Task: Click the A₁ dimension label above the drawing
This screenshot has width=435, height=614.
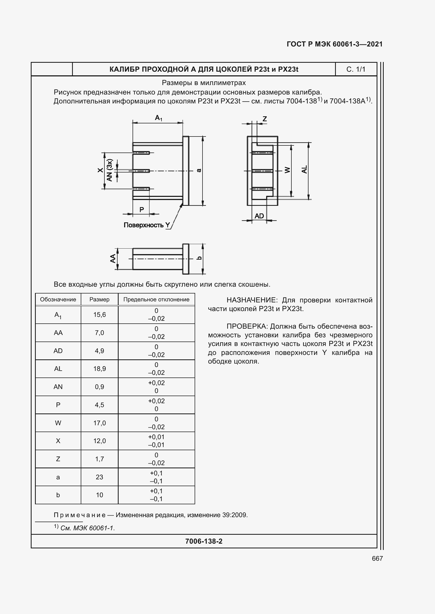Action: pos(159,118)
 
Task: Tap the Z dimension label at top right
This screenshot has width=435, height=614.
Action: pos(265,119)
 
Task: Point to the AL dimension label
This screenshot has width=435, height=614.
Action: pos(305,169)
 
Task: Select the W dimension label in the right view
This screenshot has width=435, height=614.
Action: pos(287,170)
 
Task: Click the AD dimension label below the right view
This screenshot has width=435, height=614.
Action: pos(259,216)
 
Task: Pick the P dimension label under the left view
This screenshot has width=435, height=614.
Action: pos(142,209)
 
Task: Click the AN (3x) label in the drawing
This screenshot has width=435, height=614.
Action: pos(110,170)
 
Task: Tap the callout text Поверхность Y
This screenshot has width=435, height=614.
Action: pos(147,225)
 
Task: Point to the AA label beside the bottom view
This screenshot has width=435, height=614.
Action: pos(113,258)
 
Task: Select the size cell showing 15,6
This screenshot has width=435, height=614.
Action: pos(99,315)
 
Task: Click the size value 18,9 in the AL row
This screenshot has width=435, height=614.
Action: pos(99,369)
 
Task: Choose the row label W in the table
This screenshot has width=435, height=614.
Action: pos(58,423)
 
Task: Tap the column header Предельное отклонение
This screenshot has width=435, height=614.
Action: pos(156,300)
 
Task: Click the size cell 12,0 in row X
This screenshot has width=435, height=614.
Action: pos(99,441)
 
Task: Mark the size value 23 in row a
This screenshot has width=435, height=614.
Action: pos(99,477)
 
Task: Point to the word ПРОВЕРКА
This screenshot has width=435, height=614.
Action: pos(247,326)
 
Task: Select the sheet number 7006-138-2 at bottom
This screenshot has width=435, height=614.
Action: pos(204,541)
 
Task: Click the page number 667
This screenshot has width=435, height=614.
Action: pos(377,558)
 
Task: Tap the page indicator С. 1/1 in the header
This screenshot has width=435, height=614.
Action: pos(356,69)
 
